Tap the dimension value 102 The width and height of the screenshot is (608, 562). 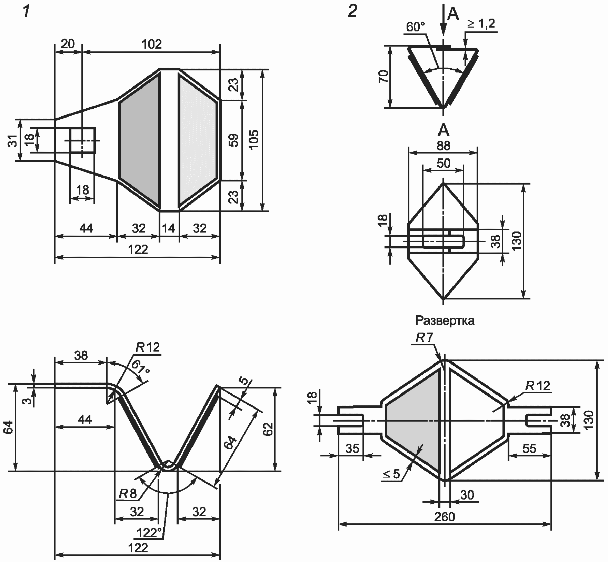(x=151, y=44)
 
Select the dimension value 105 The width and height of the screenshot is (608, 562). (x=253, y=139)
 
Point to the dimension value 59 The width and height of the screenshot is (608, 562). (x=234, y=140)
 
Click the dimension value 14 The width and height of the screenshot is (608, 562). (x=169, y=228)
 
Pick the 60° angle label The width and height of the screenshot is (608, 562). (x=416, y=27)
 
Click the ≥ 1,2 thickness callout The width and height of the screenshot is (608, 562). (x=481, y=23)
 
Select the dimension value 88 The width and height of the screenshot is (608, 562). (x=443, y=146)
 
